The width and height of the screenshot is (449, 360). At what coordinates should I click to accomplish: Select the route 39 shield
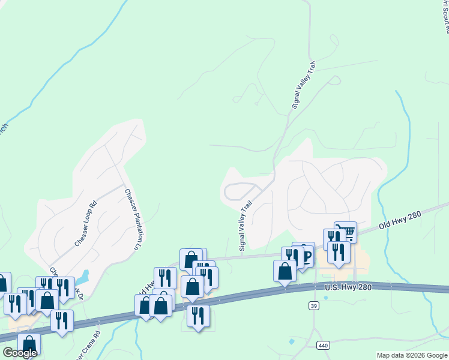pos(313,307)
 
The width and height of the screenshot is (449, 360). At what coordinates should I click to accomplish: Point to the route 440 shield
pos(324,346)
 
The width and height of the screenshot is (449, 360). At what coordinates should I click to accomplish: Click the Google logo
pos(20,353)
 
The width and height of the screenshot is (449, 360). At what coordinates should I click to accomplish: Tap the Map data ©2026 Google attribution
pos(412,355)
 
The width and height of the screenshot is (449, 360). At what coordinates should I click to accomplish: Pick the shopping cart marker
pos(346,232)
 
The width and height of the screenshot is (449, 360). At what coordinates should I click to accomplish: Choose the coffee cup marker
pos(304,253)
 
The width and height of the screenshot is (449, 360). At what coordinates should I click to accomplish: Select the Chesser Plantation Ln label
pos(134,219)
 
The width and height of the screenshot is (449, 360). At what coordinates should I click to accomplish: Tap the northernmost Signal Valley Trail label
pos(303,84)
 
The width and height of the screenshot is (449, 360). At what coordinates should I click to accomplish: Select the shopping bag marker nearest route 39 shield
pos(285,271)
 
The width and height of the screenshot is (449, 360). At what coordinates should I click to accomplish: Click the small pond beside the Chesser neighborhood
pos(82,278)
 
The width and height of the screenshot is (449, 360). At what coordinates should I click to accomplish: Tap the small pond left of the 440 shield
pos(292,341)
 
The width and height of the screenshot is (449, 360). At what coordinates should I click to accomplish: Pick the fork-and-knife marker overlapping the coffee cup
pos(292,257)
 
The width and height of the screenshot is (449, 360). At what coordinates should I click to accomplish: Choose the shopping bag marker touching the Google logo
pos(29,344)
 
